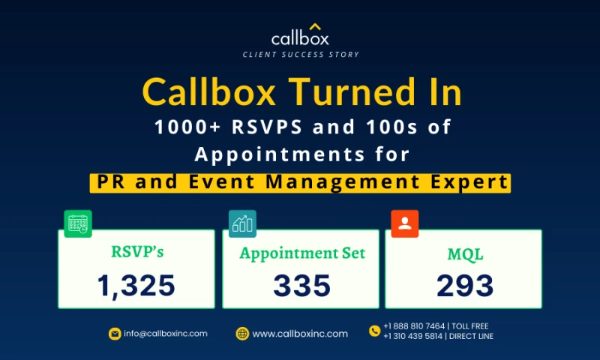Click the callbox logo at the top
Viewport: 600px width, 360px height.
tap(300, 35)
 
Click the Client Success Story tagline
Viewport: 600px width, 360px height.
tap(301, 55)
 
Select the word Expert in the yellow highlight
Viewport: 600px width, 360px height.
tap(470, 181)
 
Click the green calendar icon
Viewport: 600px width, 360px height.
tap(78, 223)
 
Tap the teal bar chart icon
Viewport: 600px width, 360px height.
tap(242, 223)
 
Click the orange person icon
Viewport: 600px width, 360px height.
tap(405, 223)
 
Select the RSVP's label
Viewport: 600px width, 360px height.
tap(136, 252)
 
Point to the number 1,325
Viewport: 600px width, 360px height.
tap(136, 285)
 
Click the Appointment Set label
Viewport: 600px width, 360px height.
tap(302, 253)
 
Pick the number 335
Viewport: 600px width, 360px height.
tap(302, 285)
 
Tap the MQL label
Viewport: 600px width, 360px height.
tap(464, 253)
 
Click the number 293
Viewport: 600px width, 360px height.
tap(464, 285)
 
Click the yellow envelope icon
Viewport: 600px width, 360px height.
tap(114, 334)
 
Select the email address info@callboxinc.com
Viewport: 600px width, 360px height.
tap(165, 334)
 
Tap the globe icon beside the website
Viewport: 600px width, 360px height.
tap(242, 334)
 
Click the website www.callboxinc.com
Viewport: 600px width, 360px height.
tap(300, 334)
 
